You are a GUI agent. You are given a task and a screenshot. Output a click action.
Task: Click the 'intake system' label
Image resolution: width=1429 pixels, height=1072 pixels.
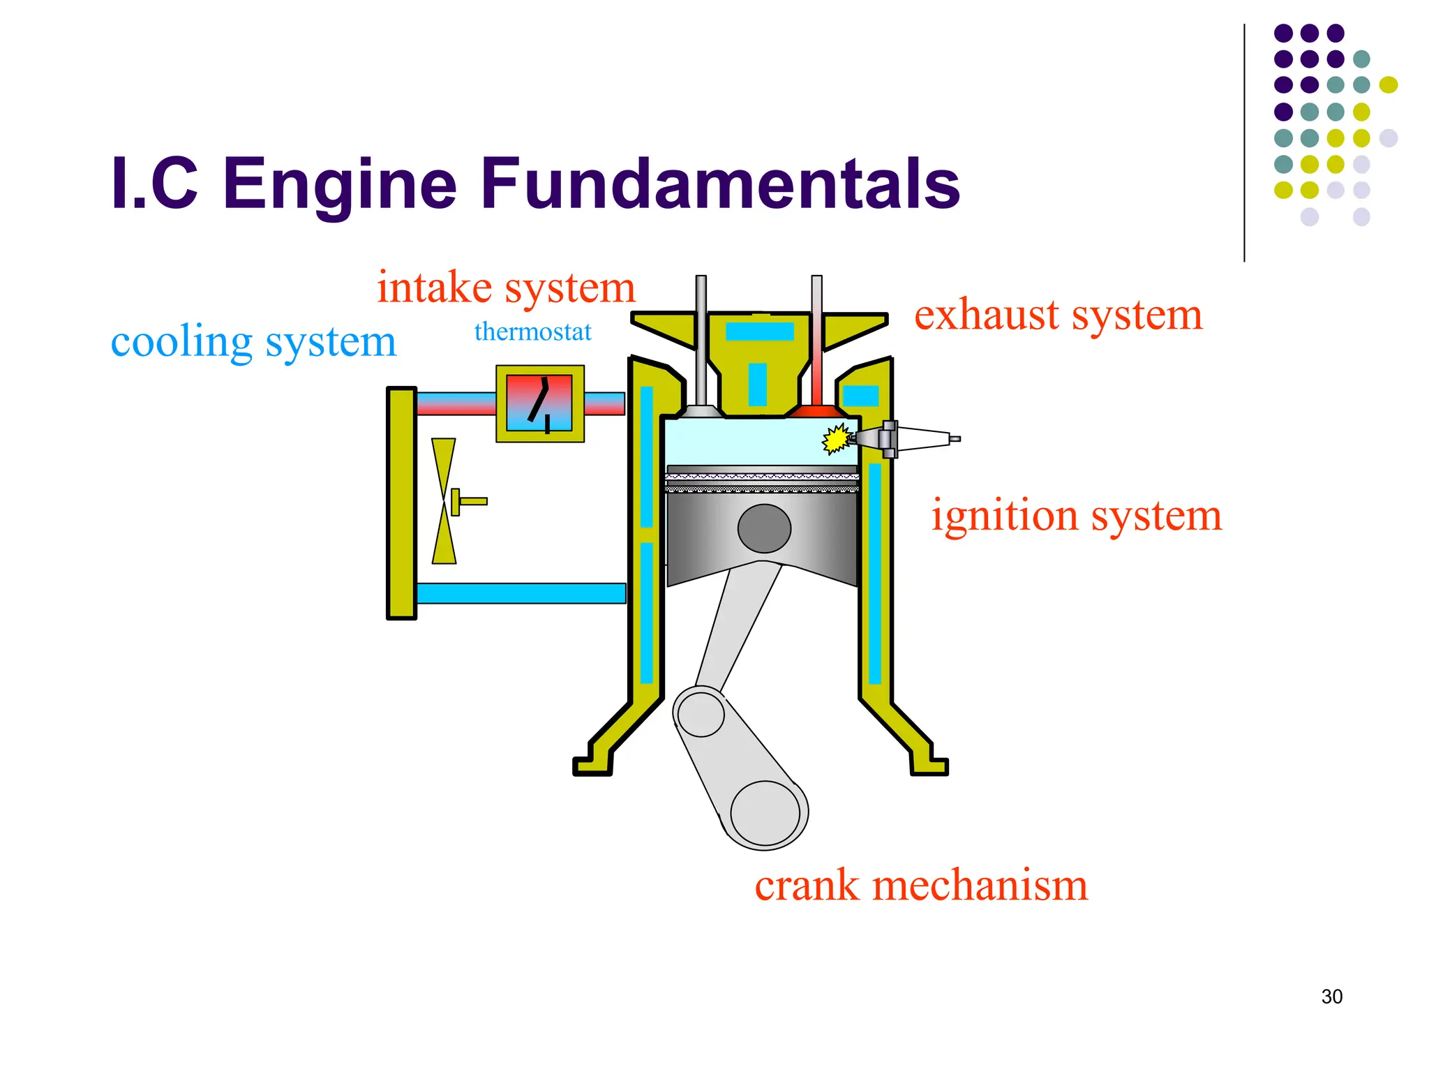coord(506,288)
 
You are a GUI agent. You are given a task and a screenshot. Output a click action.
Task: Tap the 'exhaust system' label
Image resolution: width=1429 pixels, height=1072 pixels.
coord(1058,315)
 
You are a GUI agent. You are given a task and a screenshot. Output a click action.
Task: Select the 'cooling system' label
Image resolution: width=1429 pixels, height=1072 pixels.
coord(253,342)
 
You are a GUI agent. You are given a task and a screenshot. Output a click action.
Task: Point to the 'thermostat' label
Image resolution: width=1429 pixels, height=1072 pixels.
coord(532,332)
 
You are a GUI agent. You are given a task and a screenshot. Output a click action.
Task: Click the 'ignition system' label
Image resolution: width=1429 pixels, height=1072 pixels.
coord(1076,516)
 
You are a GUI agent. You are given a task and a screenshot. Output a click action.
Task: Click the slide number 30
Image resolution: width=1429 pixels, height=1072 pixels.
coord(1331,997)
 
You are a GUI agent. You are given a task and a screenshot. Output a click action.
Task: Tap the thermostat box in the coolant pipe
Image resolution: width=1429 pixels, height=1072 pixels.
coord(539,403)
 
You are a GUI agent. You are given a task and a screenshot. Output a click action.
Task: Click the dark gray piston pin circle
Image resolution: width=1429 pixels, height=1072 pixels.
coord(764,529)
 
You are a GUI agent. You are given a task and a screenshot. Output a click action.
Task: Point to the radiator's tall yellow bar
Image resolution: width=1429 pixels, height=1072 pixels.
coord(401,503)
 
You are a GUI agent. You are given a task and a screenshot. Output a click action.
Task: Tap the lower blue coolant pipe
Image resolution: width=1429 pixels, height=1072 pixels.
coord(521,593)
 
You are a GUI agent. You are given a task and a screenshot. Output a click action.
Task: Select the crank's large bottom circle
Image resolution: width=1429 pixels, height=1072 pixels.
coord(765,814)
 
